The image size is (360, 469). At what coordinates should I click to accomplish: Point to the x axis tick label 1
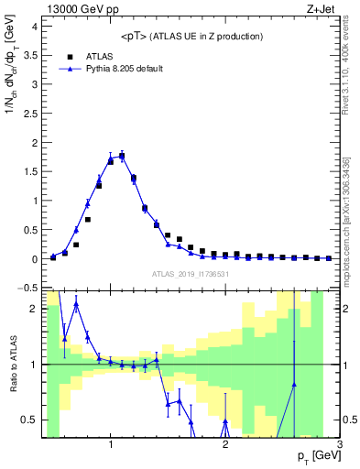point(111,442)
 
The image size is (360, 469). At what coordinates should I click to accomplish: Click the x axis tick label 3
point(339,442)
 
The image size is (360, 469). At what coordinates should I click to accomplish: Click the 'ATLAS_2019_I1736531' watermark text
point(191,274)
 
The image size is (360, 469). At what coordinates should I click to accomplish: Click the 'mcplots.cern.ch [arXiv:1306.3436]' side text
point(351,201)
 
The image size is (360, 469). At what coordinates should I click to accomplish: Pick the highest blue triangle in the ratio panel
point(76,304)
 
